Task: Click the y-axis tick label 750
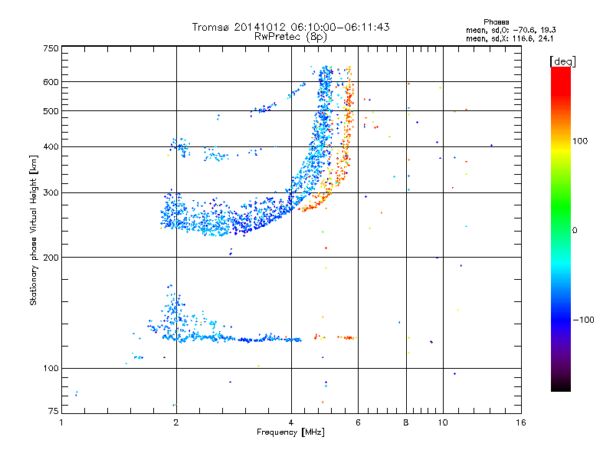point(51,48)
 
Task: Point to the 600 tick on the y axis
point(51,82)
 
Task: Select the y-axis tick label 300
point(51,193)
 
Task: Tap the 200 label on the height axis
point(51,258)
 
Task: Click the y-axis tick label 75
point(54,411)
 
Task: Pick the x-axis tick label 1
point(61,422)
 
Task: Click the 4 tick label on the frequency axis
point(291,422)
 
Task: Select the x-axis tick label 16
point(520,422)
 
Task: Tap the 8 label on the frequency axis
point(406,422)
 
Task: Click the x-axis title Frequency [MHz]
point(290,432)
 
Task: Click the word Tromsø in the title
point(210,27)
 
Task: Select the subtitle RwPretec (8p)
point(290,37)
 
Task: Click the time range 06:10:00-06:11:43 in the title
point(340,27)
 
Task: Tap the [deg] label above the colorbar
point(562,61)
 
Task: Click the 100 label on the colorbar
point(580,141)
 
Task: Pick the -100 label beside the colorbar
point(584,320)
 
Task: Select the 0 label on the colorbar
point(575,231)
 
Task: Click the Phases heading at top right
point(496,22)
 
